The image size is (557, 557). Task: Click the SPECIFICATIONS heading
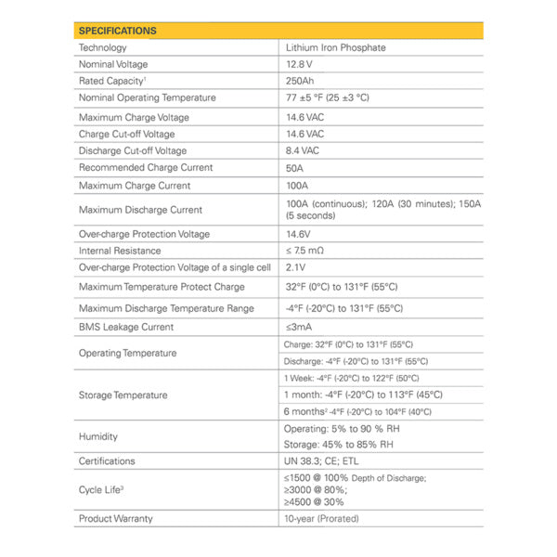(118, 31)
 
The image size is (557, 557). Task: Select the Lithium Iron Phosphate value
(335, 47)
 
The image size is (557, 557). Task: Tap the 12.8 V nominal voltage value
(301, 64)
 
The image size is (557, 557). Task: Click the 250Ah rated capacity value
(303, 81)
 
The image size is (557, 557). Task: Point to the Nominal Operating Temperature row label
(147, 97)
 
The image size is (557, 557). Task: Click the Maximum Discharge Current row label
(140, 210)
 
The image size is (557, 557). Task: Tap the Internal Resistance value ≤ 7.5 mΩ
(305, 251)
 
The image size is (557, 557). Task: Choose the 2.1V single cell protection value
(298, 267)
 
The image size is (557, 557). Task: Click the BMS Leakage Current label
(126, 327)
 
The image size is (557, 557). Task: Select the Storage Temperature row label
(123, 395)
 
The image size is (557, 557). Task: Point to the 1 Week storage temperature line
(351, 378)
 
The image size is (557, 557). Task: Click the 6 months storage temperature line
(356, 411)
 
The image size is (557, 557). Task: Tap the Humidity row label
(99, 436)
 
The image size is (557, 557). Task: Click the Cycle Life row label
(102, 489)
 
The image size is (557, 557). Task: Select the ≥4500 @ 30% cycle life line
(320, 501)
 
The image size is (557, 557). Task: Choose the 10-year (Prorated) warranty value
(322, 518)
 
